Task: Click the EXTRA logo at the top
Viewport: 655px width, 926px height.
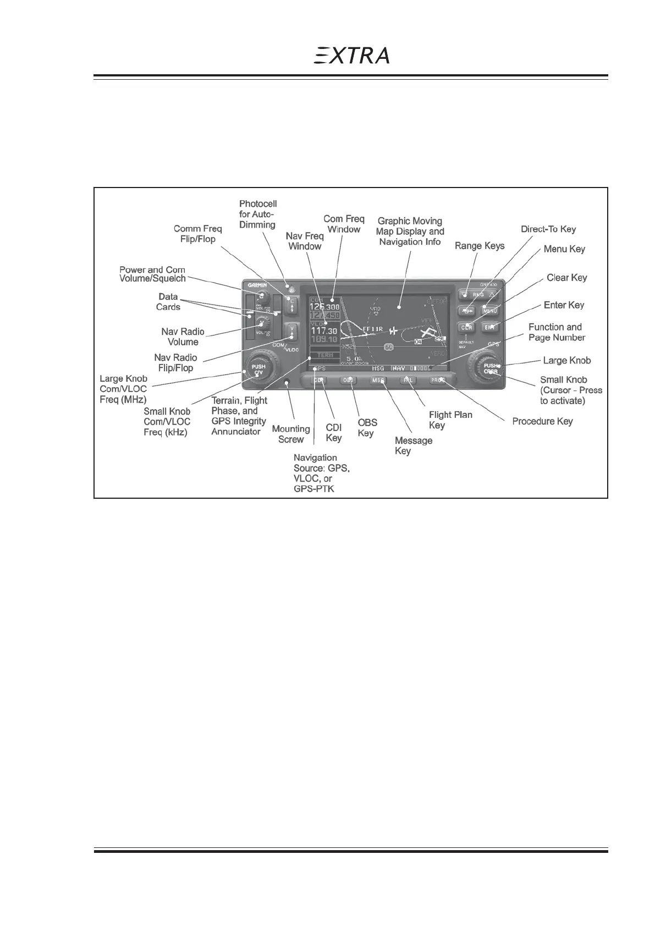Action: pyautogui.click(x=352, y=56)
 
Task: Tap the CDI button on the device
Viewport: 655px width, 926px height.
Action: pyautogui.click(x=318, y=380)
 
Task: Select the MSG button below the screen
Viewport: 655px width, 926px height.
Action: pyautogui.click(x=378, y=380)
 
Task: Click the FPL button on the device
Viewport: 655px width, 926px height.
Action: pyautogui.click(x=408, y=380)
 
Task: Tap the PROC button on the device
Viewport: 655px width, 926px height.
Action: pyautogui.click(x=438, y=380)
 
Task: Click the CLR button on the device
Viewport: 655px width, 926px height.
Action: pyautogui.click(x=466, y=327)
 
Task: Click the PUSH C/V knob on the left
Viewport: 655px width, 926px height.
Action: pyautogui.click(x=259, y=370)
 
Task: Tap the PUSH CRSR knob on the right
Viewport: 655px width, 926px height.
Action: pyautogui.click(x=489, y=368)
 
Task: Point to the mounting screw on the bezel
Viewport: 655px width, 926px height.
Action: pyautogui.click(x=287, y=382)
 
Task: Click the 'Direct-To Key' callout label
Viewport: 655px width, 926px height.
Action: pyautogui.click(x=548, y=229)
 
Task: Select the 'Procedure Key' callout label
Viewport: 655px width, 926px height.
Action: pyautogui.click(x=542, y=421)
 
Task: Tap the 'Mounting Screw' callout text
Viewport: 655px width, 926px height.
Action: pyautogui.click(x=291, y=434)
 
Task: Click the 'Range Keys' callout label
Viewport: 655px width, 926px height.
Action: pyautogui.click(x=480, y=246)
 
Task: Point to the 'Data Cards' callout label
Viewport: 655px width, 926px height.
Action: pyautogui.click(x=168, y=302)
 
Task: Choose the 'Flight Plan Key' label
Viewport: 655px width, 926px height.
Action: pyautogui.click(x=450, y=420)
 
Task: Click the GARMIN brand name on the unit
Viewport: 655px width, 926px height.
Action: pyautogui.click(x=257, y=285)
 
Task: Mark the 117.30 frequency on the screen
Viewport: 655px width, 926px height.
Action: pyautogui.click(x=324, y=332)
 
